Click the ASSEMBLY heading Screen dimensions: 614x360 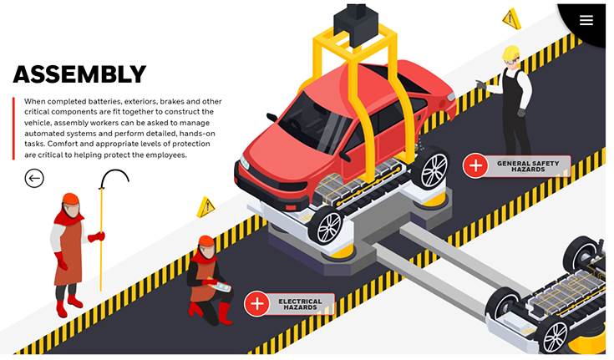(x=79, y=74)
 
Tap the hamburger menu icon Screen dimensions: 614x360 (x=586, y=20)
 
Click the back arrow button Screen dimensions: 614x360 (x=34, y=178)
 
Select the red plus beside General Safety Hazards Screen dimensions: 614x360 (x=475, y=165)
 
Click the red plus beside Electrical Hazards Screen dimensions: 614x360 (x=257, y=303)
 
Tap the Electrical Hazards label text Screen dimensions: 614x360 (x=301, y=304)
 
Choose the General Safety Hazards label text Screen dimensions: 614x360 (x=528, y=166)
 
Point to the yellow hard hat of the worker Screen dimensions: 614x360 (x=510, y=53)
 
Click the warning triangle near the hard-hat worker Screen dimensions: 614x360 (x=511, y=18)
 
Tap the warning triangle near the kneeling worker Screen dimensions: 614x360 (x=206, y=207)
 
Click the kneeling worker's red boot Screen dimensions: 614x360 (x=225, y=312)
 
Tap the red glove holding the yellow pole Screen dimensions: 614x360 (x=96, y=236)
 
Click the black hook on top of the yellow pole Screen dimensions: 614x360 (x=114, y=177)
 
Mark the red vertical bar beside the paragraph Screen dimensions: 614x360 (x=13, y=129)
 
